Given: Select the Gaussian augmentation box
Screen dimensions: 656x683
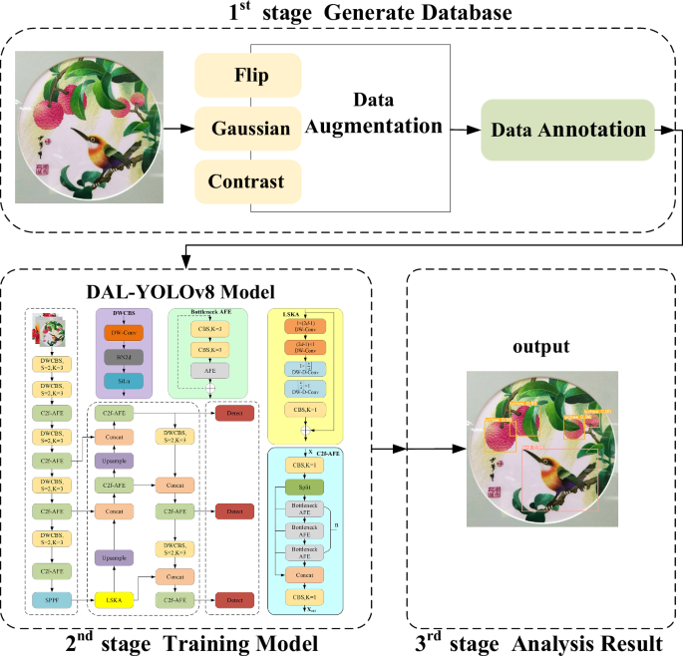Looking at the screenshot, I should tap(251, 129).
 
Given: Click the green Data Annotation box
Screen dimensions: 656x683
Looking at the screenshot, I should tap(567, 130).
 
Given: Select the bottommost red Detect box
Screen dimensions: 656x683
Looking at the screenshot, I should tap(235, 599).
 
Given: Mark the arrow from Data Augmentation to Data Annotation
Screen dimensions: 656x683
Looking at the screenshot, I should tap(464, 130).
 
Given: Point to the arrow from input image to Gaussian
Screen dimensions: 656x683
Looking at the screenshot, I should tap(178, 129).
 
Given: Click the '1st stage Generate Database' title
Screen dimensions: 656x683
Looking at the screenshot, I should tap(341, 14).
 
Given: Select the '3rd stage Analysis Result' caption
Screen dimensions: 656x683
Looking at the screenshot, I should tap(538, 643).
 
